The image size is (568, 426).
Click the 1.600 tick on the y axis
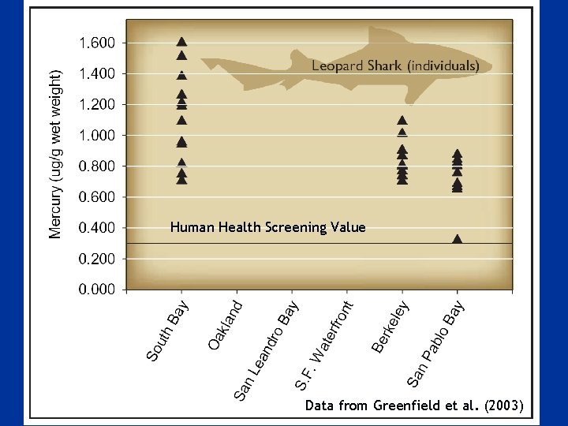coord(97,43)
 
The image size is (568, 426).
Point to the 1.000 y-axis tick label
coord(97,136)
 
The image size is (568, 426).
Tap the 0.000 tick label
coord(97,290)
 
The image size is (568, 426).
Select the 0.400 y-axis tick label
coord(97,228)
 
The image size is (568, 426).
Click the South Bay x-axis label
coord(167,331)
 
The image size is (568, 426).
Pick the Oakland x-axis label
coord(226,322)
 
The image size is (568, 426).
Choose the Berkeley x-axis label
coord(390,325)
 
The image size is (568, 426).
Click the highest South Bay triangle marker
coord(181,42)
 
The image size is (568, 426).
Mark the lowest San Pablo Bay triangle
coord(457,238)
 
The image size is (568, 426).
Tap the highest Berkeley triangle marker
coord(402,121)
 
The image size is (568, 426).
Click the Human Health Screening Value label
coord(267,227)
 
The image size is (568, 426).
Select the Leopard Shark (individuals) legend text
coord(395,66)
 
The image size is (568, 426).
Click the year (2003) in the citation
coord(504,405)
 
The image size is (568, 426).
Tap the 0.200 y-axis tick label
coord(97,259)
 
